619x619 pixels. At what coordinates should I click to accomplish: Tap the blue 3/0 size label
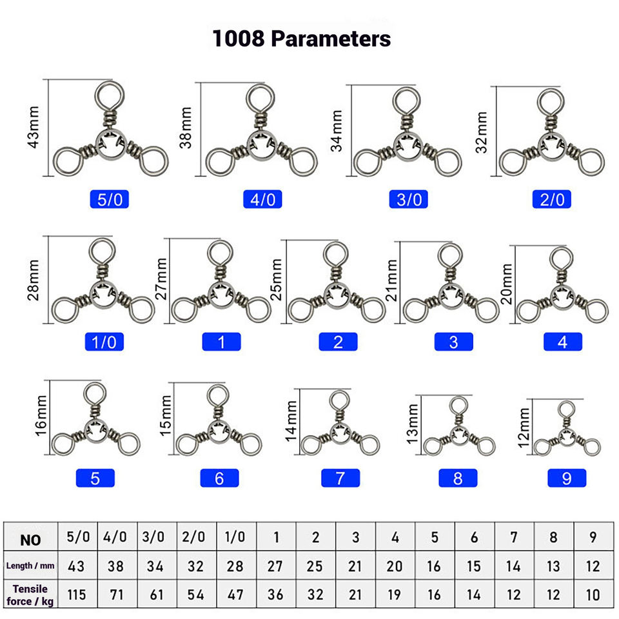coord(408,199)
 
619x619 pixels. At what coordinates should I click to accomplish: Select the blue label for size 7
coord(340,478)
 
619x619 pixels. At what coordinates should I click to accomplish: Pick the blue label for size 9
coord(567,478)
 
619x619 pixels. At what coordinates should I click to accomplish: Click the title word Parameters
coord(330,39)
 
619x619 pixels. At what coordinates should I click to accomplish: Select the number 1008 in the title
coord(239,39)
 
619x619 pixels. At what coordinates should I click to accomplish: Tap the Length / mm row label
coord(30,566)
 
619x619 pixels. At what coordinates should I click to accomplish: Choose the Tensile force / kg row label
coord(30,594)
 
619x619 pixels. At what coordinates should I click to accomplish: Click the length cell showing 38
coord(116,566)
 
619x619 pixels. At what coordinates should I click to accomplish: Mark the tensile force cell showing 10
coord(593,594)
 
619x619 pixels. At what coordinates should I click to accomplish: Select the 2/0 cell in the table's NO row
coord(195,537)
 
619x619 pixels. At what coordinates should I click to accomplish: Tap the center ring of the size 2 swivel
coord(337,295)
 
